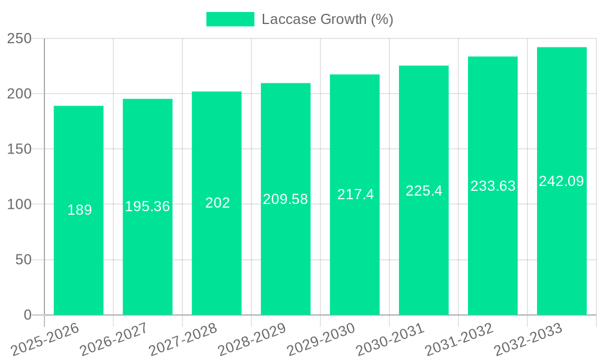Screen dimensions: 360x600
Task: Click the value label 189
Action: pos(79,210)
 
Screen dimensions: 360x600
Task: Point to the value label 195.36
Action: pos(148,206)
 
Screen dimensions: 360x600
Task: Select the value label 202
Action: pos(217,203)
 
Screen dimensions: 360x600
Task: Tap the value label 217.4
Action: pos(355,194)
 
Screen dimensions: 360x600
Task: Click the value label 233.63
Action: pos(493,186)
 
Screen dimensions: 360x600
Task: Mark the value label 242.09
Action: pos(562,181)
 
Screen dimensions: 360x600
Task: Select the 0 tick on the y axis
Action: pos(27,314)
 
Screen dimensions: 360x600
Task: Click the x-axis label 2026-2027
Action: pos(114,340)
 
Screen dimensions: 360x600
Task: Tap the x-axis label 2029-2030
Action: pos(321,340)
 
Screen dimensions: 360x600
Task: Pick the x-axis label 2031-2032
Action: pos(459,340)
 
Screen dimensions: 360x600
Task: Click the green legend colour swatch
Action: pos(230,19)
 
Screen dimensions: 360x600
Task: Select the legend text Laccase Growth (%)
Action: pos(327,19)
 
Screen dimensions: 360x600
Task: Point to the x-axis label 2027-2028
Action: pos(183,340)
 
